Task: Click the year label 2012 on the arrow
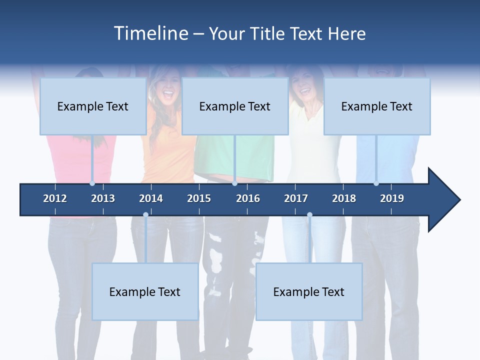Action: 55,198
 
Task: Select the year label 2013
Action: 103,198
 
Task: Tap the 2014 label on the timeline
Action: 151,198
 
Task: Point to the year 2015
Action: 199,198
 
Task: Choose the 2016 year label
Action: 248,198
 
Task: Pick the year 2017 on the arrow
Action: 296,198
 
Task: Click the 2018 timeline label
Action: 344,198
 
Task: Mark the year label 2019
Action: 392,198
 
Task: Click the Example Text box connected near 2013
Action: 93,106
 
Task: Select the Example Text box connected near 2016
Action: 235,106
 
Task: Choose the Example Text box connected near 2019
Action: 377,106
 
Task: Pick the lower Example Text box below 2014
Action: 145,292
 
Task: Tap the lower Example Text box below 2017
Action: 309,292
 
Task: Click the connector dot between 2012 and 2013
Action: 92,183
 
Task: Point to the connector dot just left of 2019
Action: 376,183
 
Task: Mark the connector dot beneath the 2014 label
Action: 145,215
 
